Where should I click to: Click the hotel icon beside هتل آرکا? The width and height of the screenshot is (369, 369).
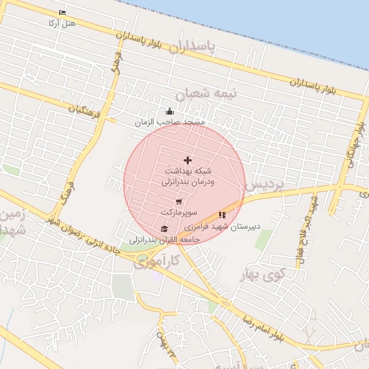click(x=62, y=13)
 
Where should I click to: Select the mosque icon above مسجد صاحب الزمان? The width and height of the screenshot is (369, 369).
click(x=170, y=111)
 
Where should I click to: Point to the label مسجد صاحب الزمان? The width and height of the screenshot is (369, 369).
click(x=170, y=123)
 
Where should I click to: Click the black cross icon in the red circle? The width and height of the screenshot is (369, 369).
click(x=188, y=160)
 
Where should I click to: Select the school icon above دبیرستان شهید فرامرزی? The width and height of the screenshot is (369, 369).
click(x=222, y=215)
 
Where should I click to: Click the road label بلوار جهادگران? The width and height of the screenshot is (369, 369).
click(x=353, y=141)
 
